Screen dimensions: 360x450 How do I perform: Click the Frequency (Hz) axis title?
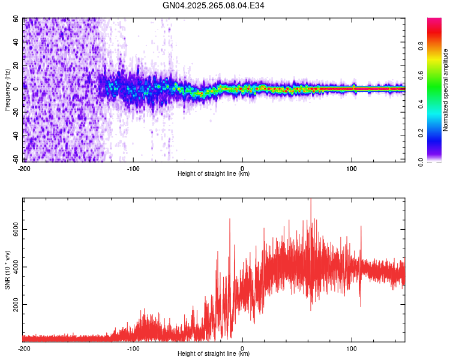coord(7,90)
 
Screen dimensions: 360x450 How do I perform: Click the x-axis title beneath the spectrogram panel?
coord(214,174)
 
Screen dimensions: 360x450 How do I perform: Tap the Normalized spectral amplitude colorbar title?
coord(446,90)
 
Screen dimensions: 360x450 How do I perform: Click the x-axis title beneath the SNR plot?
coord(214,354)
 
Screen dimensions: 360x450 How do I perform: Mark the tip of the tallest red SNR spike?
coord(311,199)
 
